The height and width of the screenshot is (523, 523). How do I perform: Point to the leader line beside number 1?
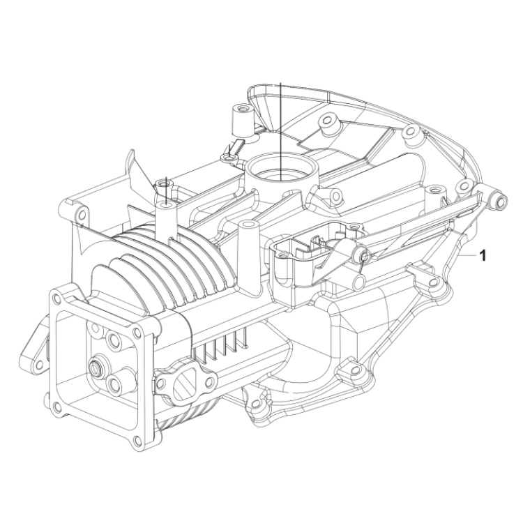pos(468,256)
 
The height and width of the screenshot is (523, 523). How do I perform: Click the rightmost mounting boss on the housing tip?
pos(499,200)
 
